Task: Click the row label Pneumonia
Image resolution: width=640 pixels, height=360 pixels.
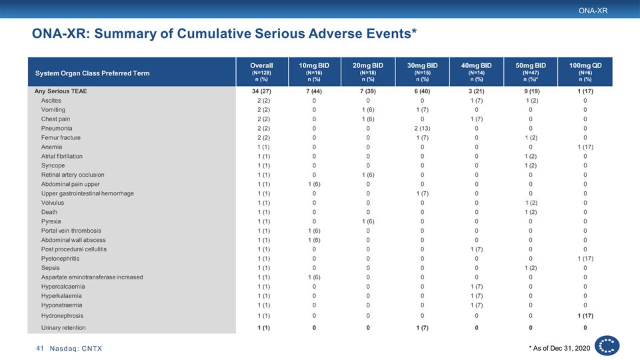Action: pyautogui.click(x=56, y=129)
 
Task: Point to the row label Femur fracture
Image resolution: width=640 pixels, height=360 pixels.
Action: pyautogui.click(x=61, y=138)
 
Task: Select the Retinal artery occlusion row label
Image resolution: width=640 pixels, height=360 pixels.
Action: pyautogui.click(x=73, y=175)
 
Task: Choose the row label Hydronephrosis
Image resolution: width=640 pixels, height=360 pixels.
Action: pyautogui.click(x=62, y=316)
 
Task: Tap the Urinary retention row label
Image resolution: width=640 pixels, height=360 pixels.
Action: pyautogui.click(x=63, y=328)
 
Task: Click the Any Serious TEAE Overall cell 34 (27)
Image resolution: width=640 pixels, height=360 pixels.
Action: pyautogui.click(x=261, y=91)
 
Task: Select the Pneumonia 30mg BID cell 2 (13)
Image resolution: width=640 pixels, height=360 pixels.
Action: pyautogui.click(x=422, y=129)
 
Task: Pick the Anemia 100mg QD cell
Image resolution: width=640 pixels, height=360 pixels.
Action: pyautogui.click(x=585, y=147)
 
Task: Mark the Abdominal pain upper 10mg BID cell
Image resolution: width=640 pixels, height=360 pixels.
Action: pyautogui.click(x=314, y=185)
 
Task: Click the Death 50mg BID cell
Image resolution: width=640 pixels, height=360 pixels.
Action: pyautogui.click(x=531, y=212)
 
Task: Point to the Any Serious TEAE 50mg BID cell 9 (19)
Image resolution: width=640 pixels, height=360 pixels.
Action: pyautogui.click(x=531, y=91)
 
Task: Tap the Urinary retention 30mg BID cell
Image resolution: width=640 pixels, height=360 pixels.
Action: pyautogui.click(x=422, y=328)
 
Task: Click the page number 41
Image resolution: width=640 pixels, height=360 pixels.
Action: pyautogui.click(x=39, y=349)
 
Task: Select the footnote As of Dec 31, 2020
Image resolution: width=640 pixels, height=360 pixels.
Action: pyautogui.click(x=559, y=348)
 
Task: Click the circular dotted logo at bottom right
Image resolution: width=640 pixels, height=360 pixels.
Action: pyautogui.click(x=607, y=346)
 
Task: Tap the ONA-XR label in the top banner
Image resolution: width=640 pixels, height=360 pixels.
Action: pyautogui.click(x=593, y=11)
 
